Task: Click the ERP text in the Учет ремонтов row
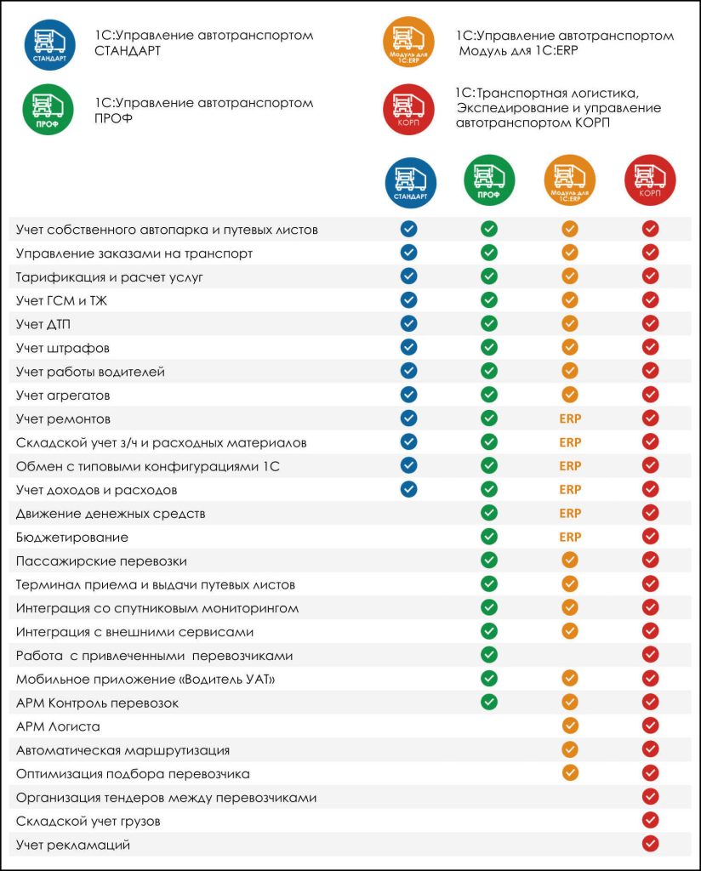(570, 418)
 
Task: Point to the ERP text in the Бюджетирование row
(570, 537)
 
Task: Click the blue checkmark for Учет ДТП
(409, 323)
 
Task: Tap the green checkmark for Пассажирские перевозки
(488, 560)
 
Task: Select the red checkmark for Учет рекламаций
(651, 844)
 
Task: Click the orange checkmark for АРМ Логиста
(570, 726)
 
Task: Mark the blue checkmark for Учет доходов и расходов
(409, 489)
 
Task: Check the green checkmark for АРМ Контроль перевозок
(488, 702)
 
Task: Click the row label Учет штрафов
(63, 348)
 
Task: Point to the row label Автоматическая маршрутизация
(123, 750)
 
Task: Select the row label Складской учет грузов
(88, 821)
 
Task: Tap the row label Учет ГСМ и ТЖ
(62, 300)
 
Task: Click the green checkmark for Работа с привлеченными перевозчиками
(488, 654)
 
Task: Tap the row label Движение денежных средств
(111, 514)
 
